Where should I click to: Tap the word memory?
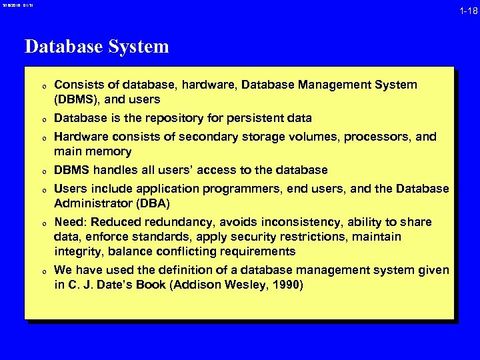tap(109, 151)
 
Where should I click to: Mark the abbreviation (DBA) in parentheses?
tap(158, 203)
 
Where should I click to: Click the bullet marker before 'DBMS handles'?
tap(42, 171)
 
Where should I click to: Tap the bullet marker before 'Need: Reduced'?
tap(42, 223)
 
